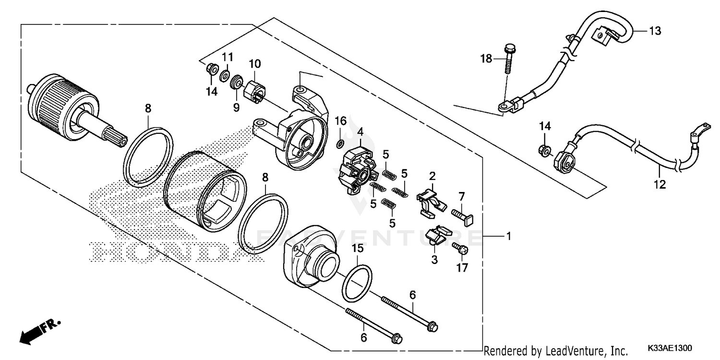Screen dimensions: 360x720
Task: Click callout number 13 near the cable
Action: click(655, 31)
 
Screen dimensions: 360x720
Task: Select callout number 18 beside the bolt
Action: click(487, 59)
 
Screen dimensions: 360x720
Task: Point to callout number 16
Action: click(340, 120)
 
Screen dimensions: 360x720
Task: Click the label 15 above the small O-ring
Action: click(359, 249)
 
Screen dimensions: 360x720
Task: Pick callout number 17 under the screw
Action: click(462, 267)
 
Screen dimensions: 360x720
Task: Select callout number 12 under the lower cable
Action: click(661, 184)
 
